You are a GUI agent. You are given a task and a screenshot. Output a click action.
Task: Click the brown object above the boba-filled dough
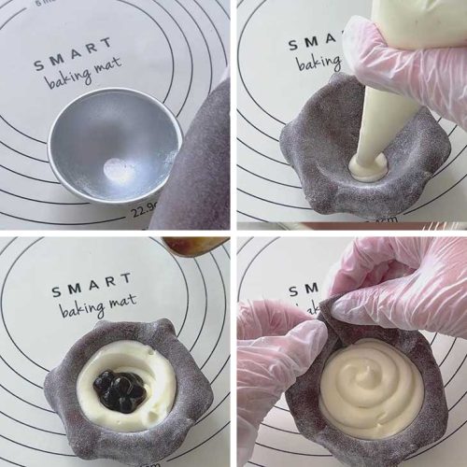pyautogui.click(x=193, y=246)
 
